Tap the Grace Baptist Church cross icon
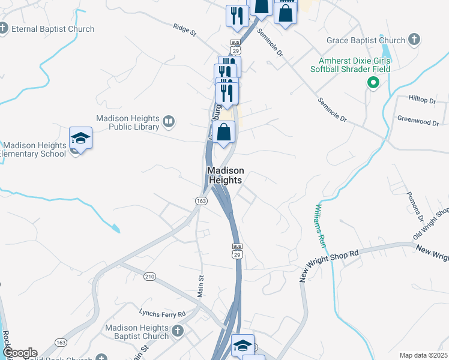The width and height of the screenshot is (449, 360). [413, 40]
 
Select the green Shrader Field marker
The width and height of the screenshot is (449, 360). [373, 83]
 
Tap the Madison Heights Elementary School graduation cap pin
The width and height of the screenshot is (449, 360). [80, 139]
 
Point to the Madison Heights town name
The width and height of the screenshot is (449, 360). [225, 175]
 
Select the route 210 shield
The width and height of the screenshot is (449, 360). [150, 276]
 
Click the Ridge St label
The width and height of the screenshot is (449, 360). [185, 29]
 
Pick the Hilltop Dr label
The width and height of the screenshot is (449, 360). [421, 101]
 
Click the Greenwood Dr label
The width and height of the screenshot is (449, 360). [418, 122]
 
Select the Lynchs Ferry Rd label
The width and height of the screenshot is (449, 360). [162, 313]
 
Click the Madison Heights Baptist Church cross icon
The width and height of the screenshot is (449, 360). [177, 331]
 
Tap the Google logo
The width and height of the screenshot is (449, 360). [19, 353]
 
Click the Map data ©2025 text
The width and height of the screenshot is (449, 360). [423, 355]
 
